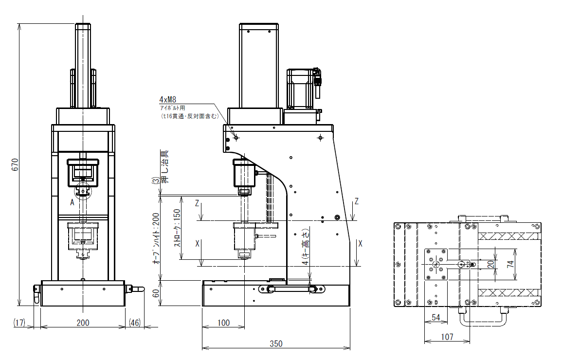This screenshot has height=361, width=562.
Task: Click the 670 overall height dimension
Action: [15, 164]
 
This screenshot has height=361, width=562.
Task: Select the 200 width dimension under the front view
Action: [83, 323]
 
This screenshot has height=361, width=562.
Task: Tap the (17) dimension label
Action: [19, 323]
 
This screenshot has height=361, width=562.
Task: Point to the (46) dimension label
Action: [135, 323]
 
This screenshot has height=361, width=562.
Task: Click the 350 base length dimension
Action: [276, 344]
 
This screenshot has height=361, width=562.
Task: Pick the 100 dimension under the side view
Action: [223, 323]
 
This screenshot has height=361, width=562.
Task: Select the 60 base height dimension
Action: [156, 293]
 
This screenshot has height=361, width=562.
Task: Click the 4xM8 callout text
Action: [168, 99]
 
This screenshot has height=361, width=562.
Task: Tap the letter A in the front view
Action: [72, 202]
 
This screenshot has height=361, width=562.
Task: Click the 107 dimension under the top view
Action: [447, 337]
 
